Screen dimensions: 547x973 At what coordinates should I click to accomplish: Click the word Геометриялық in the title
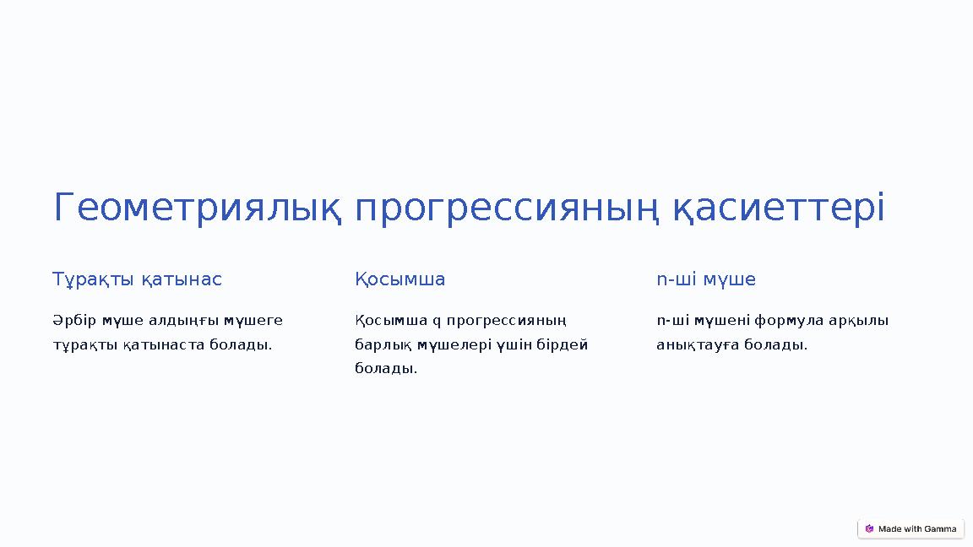tap(198, 209)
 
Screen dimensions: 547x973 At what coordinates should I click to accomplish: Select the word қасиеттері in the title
tap(779, 209)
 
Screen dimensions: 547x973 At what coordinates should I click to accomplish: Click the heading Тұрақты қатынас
tap(137, 279)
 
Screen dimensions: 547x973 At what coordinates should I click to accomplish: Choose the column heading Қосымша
tap(400, 279)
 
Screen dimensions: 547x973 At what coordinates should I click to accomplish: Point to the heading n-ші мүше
tap(706, 279)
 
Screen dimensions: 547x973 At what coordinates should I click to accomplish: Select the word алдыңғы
tap(183, 321)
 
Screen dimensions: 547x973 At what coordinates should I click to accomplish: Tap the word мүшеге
tap(253, 321)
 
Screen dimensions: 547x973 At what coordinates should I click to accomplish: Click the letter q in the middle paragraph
tap(437, 322)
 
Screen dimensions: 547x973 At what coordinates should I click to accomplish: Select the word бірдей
tap(563, 344)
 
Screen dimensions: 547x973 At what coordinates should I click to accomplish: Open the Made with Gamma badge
tap(910, 528)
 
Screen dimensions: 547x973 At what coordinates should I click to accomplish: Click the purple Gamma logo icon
tap(869, 528)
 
